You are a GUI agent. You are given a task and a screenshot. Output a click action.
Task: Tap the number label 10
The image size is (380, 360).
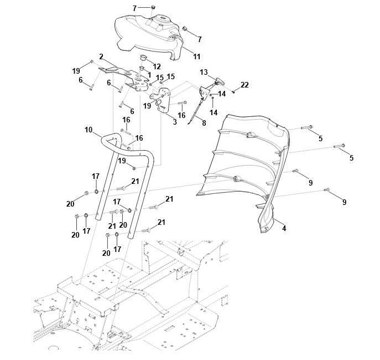tap(89, 130)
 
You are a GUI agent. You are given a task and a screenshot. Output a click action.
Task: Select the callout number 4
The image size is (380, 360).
tap(284, 228)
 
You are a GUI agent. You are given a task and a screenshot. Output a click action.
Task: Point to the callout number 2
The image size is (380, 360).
tap(101, 56)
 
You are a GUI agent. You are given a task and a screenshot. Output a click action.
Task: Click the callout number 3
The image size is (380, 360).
tap(175, 122)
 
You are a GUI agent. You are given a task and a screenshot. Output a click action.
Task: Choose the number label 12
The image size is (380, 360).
tap(157, 66)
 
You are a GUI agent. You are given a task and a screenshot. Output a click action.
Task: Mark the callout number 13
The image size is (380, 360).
tap(204, 73)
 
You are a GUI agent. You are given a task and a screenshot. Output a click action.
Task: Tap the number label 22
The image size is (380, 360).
tap(244, 85)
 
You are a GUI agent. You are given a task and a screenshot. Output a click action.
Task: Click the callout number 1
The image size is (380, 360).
tap(148, 74)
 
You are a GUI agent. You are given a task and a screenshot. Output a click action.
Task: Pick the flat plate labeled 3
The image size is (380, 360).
tap(164, 100)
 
